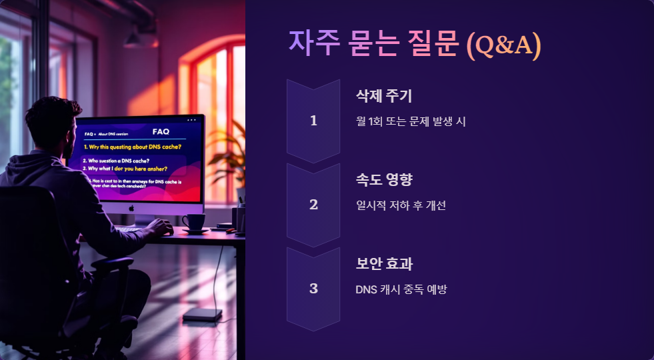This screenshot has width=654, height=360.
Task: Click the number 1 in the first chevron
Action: click(313, 121)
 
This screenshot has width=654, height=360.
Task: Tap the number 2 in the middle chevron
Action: click(313, 205)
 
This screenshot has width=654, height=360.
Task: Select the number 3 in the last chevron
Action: click(313, 289)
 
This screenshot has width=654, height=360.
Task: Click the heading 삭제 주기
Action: click(384, 96)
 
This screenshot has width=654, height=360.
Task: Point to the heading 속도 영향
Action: click(384, 180)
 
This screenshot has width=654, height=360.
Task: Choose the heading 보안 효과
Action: click(384, 264)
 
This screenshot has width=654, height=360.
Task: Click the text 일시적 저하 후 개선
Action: click(401, 205)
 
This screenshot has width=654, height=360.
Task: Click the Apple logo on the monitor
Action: click(131, 207)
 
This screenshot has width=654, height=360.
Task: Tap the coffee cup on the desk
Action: click(195, 222)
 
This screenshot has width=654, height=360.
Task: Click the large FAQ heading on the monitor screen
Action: click(161, 131)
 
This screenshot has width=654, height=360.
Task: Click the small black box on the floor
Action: click(202, 314)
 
